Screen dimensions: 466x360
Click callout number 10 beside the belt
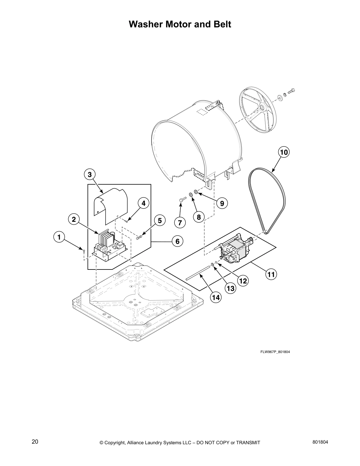[284, 152]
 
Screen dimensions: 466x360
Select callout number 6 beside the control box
[177, 241]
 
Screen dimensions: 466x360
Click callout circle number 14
[216, 297]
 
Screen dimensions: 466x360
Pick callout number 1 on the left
[59, 237]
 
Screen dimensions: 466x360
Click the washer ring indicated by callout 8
[191, 194]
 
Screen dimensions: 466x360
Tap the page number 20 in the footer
[35, 442]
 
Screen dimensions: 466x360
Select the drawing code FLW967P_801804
[275, 352]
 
